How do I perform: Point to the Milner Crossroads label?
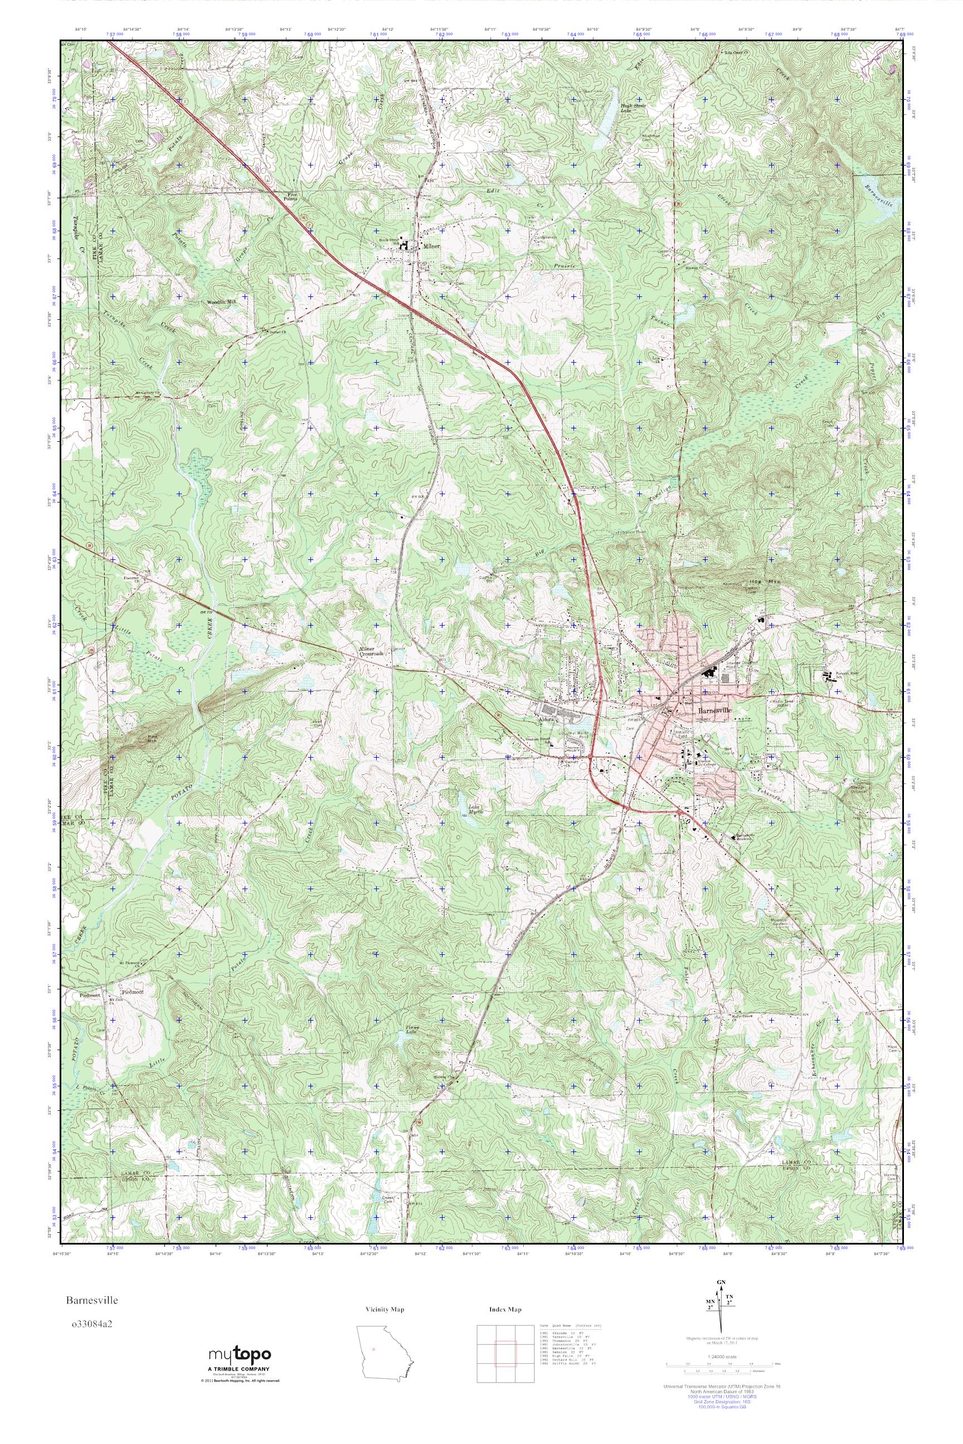371,651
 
